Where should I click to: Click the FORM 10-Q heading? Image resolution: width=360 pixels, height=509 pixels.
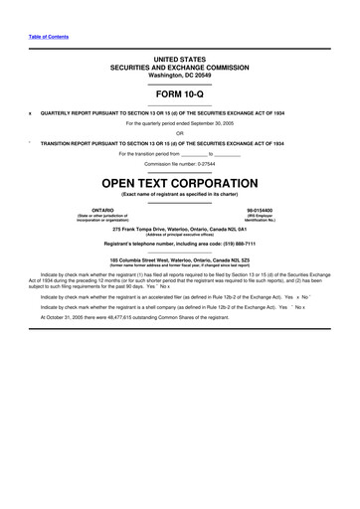tap(179, 93)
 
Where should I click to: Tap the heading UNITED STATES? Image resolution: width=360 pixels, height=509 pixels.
tap(179, 60)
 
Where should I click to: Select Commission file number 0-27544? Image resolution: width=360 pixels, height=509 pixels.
tap(179, 164)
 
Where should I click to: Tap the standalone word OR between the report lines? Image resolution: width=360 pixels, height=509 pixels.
tap(179, 132)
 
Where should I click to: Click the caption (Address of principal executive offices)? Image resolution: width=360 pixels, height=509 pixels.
tap(179, 235)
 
